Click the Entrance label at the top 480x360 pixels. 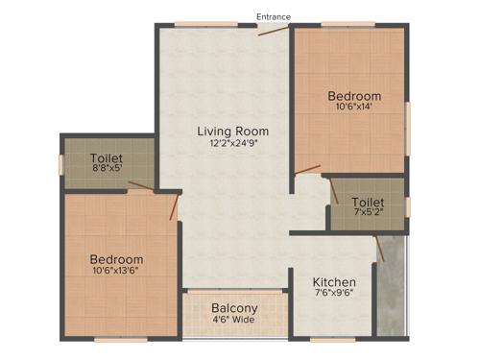(x=273, y=16)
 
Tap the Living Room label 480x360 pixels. (x=232, y=131)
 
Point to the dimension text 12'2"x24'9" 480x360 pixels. (x=232, y=144)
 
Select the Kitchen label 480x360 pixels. (x=335, y=282)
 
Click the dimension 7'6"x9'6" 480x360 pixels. (x=335, y=296)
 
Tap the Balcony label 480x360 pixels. (x=234, y=308)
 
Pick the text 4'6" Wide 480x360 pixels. (x=234, y=320)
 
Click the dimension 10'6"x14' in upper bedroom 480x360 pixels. (x=354, y=108)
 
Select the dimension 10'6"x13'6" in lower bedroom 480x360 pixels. (x=117, y=272)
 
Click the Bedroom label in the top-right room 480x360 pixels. (x=354, y=96)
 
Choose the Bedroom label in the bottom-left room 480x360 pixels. (x=117, y=259)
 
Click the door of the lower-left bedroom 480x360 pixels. (x=175, y=206)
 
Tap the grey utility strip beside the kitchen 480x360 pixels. (x=391, y=298)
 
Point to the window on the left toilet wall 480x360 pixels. (x=61, y=164)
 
